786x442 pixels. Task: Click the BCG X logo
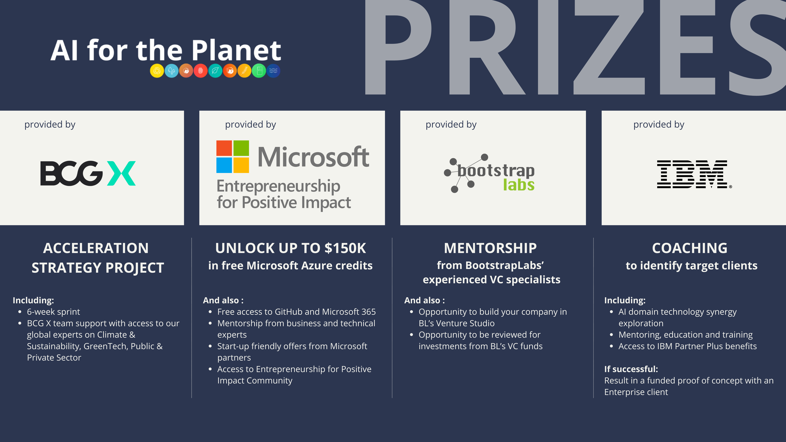pyautogui.click(x=88, y=173)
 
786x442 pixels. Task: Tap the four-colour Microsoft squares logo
pyautogui.click(x=233, y=157)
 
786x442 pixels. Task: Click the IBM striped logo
pyautogui.click(x=694, y=174)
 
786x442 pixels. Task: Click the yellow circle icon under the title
pyautogui.click(x=157, y=71)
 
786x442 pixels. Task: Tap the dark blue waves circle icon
pyautogui.click(x=273, y=71)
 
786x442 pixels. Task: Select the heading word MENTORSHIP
pyautogui.click(x=490, y=248)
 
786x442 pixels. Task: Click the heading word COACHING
pyautogui.click(x=690, y=248)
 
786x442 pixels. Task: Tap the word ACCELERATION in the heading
pyautogui.click(x=96, y=248)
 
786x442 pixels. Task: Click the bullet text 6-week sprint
pyautogui.click(x=53, y=312)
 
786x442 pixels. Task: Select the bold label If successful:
pyautogui.click(x=631, y=369)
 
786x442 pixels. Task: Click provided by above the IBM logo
pyautogui.click(x=659, y=124)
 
